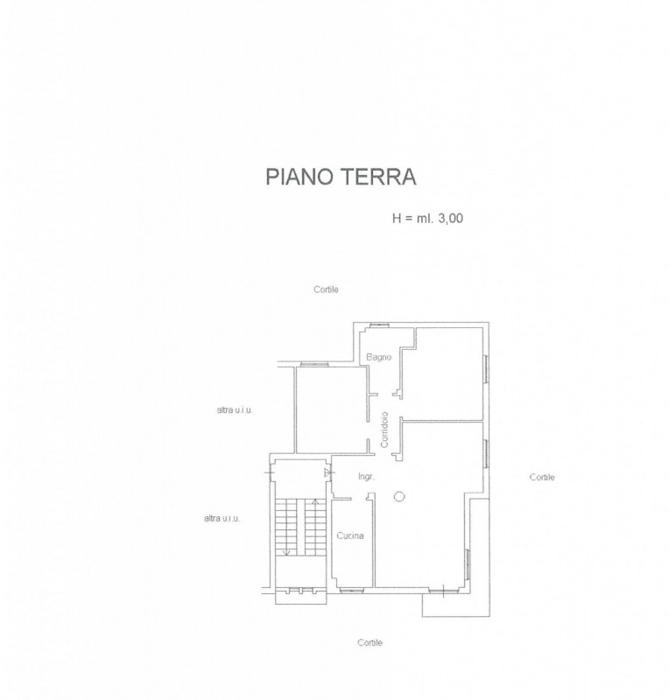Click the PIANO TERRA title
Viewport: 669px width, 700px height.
click(341, 178)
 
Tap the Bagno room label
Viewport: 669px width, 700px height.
click(378, 357)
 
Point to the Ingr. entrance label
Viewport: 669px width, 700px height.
click(366, 476)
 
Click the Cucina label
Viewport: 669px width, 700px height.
click(349, 535)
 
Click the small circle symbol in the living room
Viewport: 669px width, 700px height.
click(399, 497)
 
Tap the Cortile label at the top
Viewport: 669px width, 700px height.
click(326, 290)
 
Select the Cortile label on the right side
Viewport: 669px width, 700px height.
click(542, 477)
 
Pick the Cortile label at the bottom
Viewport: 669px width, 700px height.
click(370, 642)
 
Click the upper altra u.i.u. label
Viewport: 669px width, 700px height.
click(234, 409)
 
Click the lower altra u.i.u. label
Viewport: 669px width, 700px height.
click(222, 518)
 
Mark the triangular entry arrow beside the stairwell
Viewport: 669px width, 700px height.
click(327, 473)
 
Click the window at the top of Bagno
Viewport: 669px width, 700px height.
click(379, 325)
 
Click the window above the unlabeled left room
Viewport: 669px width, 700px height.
click(314, 364)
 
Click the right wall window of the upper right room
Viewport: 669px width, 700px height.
click(485, 371)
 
